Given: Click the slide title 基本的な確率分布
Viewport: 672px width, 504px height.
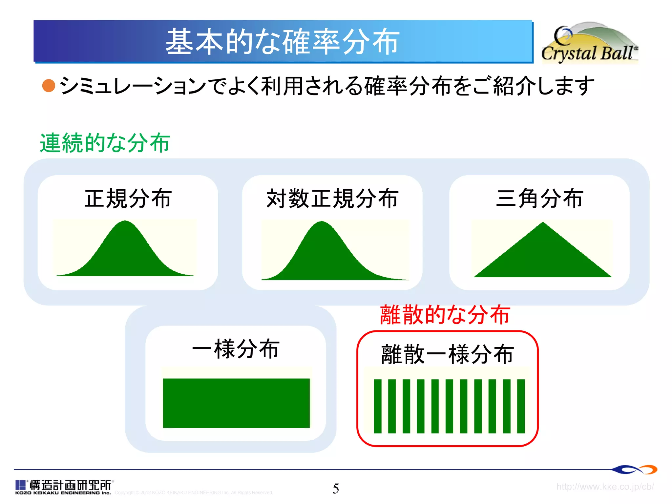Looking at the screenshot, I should click(282, 42).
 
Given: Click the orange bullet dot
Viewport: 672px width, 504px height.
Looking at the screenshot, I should click(49, 86).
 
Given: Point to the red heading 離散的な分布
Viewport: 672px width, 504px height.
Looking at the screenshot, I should click(445, 315).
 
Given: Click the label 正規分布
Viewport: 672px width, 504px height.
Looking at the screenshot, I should click(128, 199).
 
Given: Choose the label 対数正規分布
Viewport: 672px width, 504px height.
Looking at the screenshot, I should click(332, 199).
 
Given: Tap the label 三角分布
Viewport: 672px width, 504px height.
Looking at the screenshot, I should click(539, 199).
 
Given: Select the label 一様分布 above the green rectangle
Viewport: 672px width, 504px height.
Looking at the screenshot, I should click(236, 349).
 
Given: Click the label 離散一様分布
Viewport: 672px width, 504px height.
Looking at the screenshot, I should click(447, 354).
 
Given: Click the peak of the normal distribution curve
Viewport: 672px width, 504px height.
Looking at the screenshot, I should click(125, 222).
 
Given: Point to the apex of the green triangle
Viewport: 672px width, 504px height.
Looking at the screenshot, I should click(543, 223).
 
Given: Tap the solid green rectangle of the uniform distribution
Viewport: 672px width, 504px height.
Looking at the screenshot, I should click(236, 403).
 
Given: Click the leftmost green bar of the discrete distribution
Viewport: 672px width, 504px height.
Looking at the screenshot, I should click(378, 406).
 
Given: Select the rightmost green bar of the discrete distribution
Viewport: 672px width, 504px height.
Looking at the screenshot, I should click(521, 406).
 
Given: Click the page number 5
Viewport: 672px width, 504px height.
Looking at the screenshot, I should click(336, 489).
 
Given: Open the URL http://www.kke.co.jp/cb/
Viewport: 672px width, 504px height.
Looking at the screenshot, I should click(605, 486).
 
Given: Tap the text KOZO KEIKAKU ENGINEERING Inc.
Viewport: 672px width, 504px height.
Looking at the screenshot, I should click(63, 493).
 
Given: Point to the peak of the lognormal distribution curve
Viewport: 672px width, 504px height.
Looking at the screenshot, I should click(322, 223).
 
